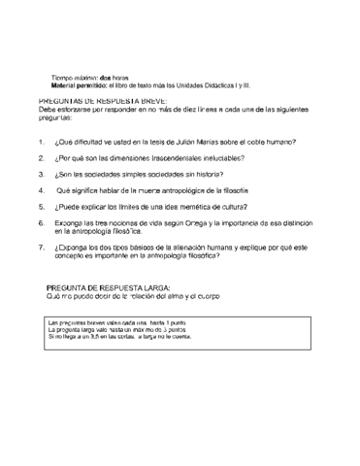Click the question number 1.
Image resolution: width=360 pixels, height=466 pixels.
pyautogui.click(x=41, y=141)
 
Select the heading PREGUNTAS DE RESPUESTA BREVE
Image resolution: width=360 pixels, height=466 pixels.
pyautogui.click(x=103, y=101)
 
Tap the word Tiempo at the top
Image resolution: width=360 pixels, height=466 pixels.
pyautogui.click(x=65, y=77)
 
